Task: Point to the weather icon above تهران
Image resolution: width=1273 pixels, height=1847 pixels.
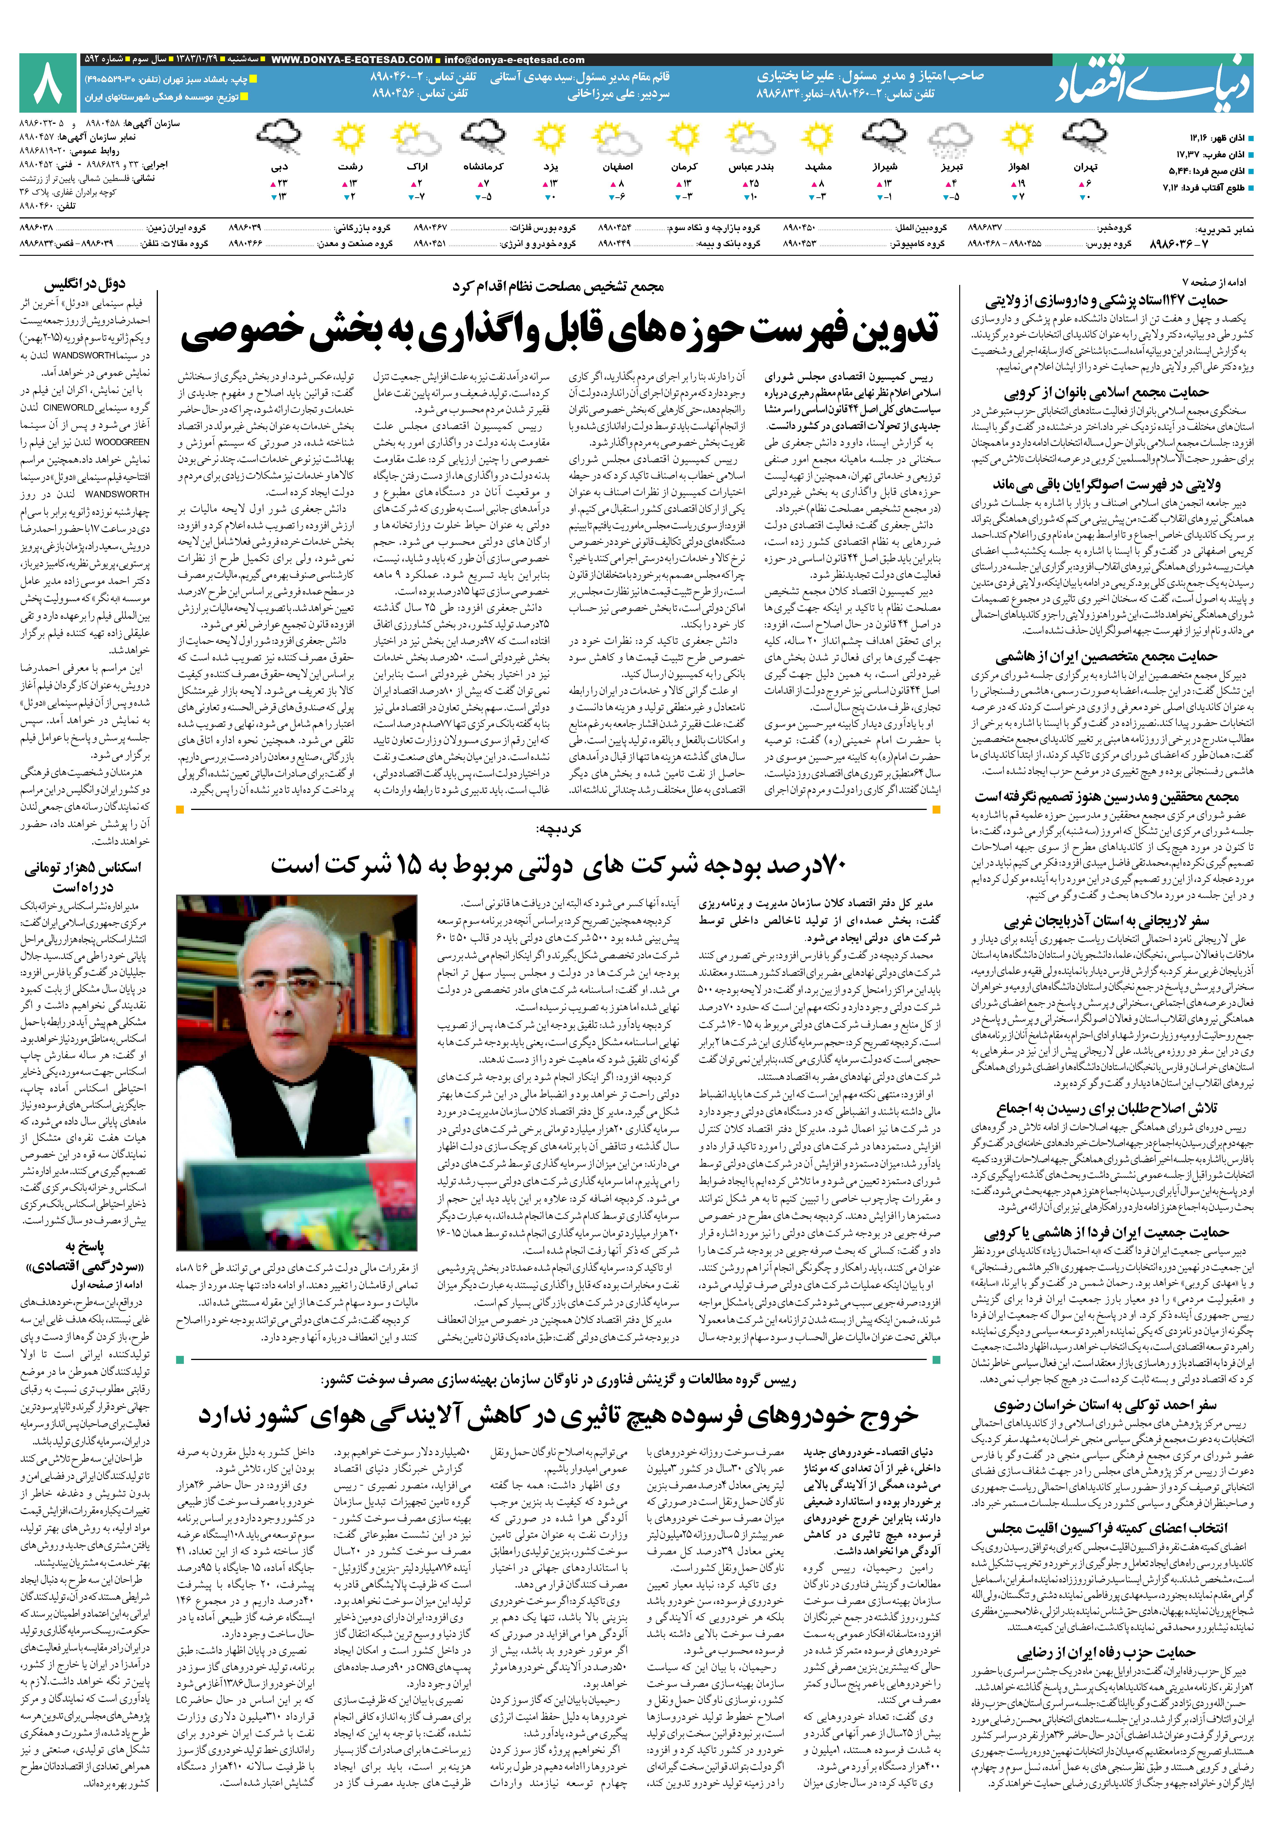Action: pyautogui.click(x=1085, y=137)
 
